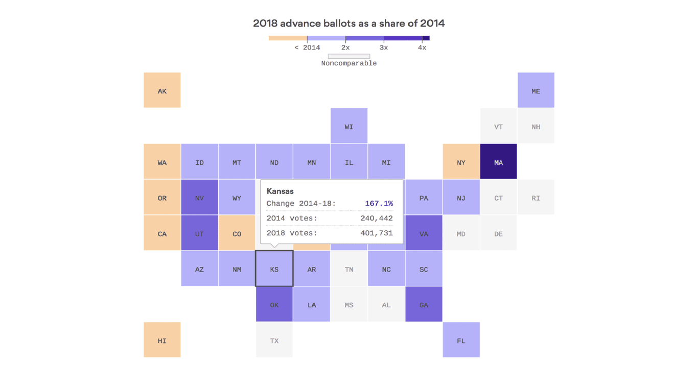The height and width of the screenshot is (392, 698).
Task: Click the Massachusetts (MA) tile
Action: (x=498, y=162)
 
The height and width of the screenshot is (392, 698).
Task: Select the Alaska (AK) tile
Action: (x=162, y=90)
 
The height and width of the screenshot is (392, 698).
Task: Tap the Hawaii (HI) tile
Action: (x=162, y=340)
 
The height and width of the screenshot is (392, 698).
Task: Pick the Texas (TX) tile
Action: (x=274, y=340)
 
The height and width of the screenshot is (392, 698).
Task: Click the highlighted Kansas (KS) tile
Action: (x=274, y=268)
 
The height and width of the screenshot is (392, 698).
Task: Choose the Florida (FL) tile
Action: (x=461, y=340)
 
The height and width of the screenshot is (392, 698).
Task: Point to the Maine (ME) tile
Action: (x=536, y=90)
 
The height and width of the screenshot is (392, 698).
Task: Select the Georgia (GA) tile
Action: (x=424, y=304)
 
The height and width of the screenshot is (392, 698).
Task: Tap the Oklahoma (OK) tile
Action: (x=274, y=304)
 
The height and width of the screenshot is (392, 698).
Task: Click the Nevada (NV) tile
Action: (x=199, y=198)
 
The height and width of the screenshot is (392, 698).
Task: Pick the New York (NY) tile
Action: (x=461, y=162)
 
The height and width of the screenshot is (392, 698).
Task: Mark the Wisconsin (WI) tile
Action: (x=349, y=126)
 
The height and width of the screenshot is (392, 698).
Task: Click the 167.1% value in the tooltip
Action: (x=379, y=204)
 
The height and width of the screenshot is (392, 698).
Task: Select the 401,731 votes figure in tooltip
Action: (x=377, y=233)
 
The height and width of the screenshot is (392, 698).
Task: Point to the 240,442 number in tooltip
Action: (x=377, y=218)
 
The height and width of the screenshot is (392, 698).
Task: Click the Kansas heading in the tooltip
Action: (x=280, y=191)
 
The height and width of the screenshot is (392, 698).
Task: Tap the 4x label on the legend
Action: (x=422, y=47)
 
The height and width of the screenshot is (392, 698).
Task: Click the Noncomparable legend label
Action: (x=349, y=63)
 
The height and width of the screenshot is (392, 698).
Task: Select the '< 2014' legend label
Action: (x=307, y=47)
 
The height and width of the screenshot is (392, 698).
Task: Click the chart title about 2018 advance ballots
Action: (x=349, y=23)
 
